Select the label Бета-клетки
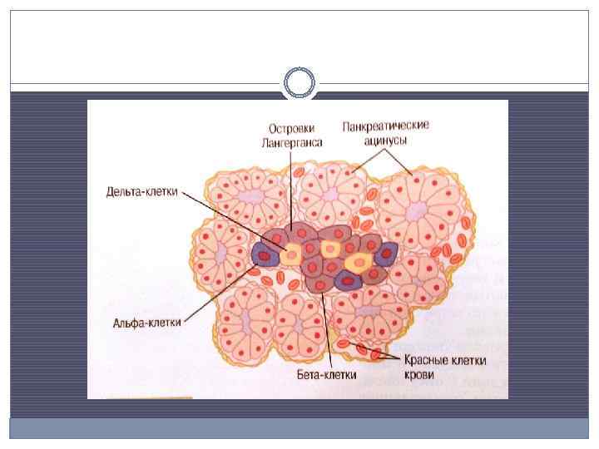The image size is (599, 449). pos(327,374)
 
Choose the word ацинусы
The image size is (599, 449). pos(385,141)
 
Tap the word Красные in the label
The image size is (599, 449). pos(428,361)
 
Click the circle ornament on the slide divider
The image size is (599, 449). pos(299,83)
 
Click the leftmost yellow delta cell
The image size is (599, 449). pos(293,254)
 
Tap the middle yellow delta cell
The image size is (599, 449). pos(331,249)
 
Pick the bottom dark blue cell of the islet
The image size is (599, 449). pos(345,279)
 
